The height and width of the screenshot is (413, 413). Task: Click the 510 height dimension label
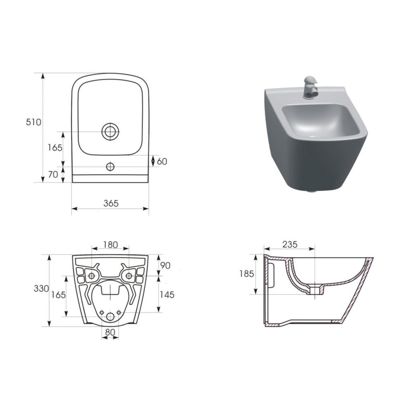[x=33, y=122]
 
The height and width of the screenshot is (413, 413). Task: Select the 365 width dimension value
[x=111, y=203]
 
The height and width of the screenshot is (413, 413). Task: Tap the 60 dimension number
[x=162, y=161]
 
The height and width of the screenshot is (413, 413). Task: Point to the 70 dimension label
[x=53, y=174]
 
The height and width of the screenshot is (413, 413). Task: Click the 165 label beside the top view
[x=55, y=147]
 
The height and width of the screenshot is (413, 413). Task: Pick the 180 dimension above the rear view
[x=110, y=244]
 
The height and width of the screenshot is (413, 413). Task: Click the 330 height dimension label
[x=41, y=289]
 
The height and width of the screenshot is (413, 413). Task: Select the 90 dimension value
[x=166, y=266]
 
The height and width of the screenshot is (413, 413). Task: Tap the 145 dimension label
[x=167, y=294]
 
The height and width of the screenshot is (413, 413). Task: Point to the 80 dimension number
[x=110, y=332]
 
